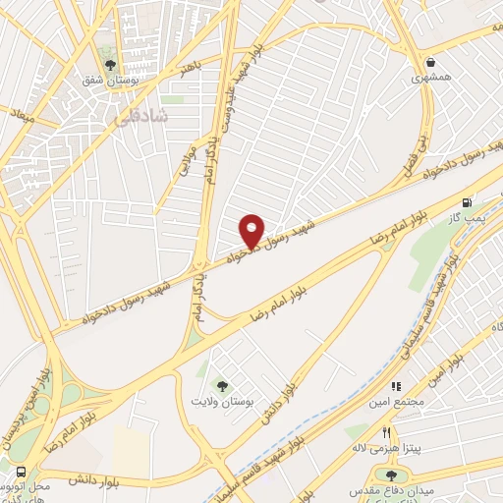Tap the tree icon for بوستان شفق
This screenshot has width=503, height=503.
click(106, 62)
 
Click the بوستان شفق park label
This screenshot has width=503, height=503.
click(106, 79)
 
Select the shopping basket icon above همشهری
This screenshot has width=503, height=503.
click(431, 59)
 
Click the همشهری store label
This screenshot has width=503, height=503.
click(431, 76)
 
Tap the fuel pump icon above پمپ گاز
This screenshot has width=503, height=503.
click(479, 202)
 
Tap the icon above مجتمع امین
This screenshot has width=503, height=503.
click(397, 387)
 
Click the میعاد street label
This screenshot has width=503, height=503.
click(22, 116)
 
